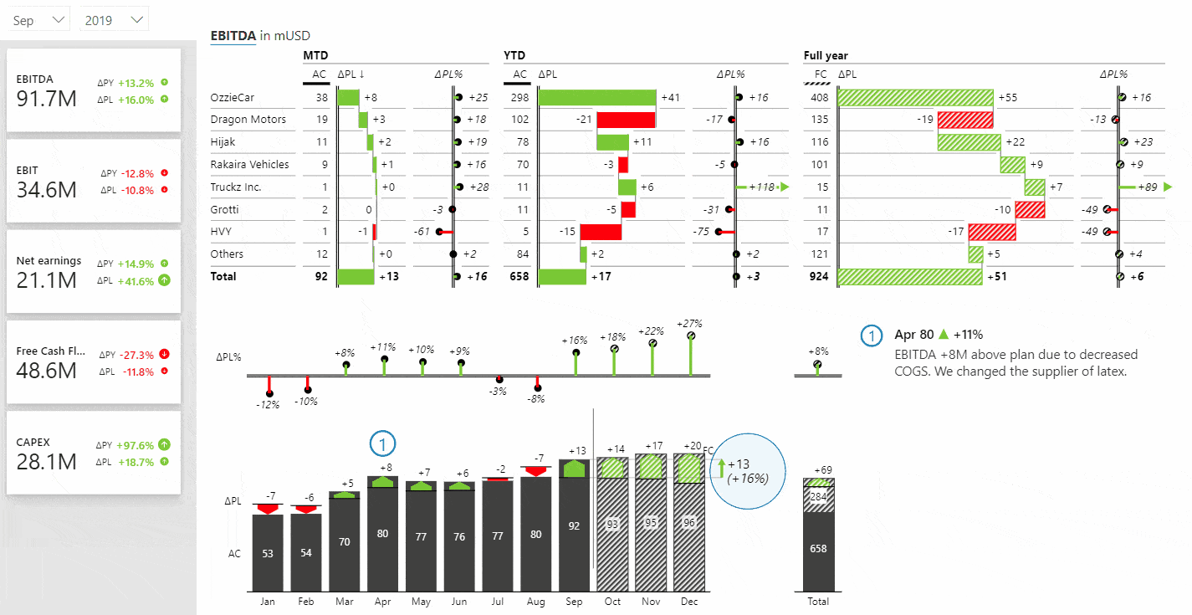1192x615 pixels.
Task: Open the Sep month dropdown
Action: [38, 20]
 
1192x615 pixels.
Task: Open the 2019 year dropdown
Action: [114, 20]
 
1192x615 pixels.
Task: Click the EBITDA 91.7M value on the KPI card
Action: [46, 99]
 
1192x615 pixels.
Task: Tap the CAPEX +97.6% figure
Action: [136, 445]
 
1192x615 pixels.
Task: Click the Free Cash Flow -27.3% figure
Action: [136, 355]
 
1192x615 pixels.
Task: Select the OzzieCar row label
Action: [232, 97]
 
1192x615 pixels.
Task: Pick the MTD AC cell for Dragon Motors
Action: [322, 120]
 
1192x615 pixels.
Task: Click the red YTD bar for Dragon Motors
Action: [626, 120]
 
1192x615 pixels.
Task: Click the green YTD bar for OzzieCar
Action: [597, 97]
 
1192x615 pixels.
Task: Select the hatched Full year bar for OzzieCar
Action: [915, 97]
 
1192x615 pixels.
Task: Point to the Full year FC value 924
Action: [819, 276]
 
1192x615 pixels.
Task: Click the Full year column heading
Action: [826, 55]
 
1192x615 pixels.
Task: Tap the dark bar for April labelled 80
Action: [382, 534]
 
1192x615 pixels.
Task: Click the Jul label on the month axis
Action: [498, 601]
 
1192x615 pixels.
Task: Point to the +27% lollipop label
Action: [689, 324]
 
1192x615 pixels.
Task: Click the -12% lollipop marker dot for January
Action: [270, 393]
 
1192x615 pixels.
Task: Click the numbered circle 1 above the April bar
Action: [382, 443]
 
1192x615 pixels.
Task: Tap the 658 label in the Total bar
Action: [818, 548]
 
